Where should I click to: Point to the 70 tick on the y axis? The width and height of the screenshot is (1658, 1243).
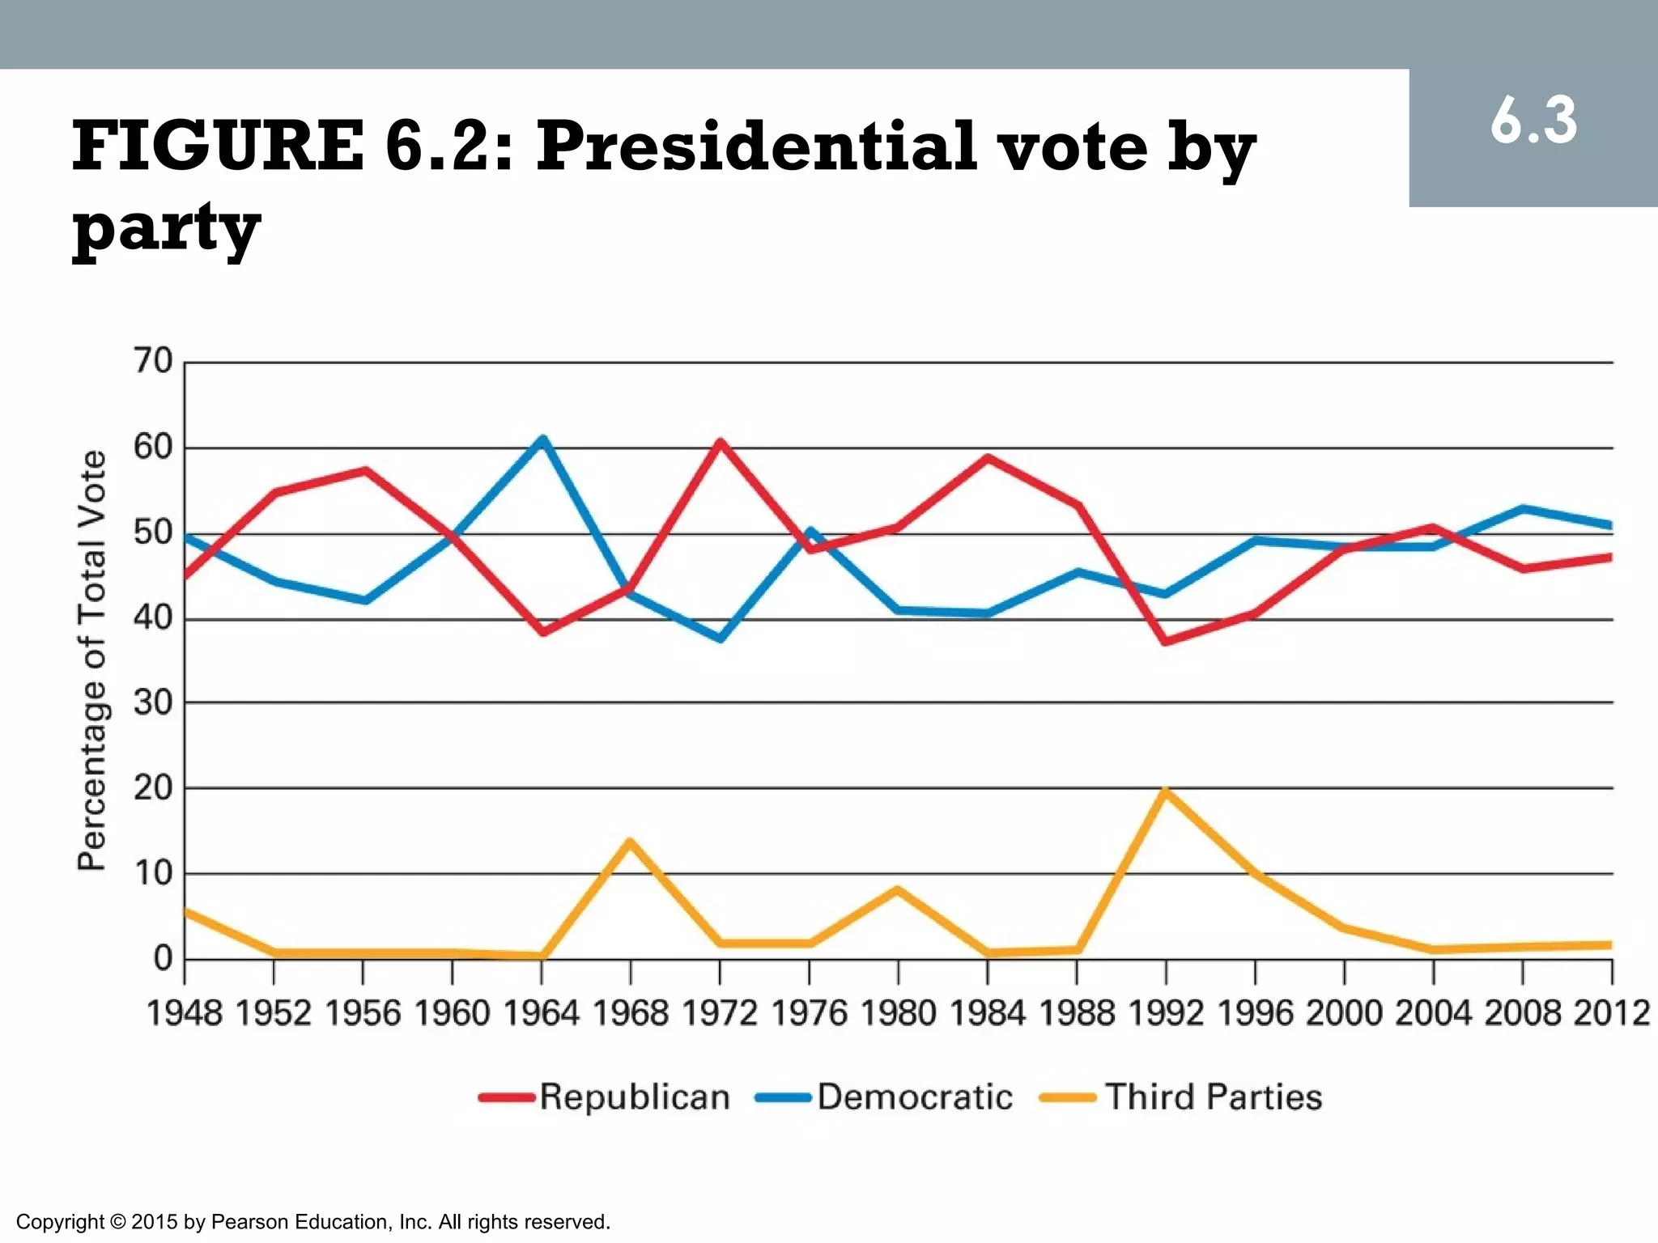(x=154, y=361)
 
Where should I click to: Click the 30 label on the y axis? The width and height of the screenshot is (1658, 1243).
(x=154, y=702)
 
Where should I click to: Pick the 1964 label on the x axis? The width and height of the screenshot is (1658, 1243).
(x=542, y=1013)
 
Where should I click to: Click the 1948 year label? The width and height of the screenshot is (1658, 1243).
(x=185, y=1013)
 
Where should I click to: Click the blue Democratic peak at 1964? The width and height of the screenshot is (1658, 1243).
(x=542, y=439)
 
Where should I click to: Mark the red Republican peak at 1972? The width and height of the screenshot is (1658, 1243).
(x=720, y=443)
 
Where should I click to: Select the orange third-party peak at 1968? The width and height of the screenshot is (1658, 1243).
(x=631, y=842)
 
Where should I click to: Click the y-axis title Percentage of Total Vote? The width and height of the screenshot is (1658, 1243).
(x=91, y=660)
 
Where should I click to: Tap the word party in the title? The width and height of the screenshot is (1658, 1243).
(x=166, y=228)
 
